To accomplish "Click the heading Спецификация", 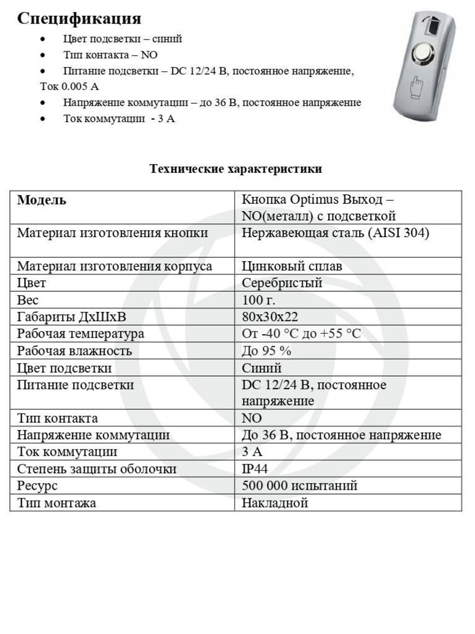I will pos(79,19).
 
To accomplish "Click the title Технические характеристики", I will pos(236,169).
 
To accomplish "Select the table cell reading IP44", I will pos(255,468).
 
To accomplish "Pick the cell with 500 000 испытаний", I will pos(299,486).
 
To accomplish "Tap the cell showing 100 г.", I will pos(258,300).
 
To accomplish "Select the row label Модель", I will pos(42,200).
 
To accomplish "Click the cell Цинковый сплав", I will pos(292,266).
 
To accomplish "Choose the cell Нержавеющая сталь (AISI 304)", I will pos(335,233).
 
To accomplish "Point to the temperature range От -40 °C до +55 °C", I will pos(301,333).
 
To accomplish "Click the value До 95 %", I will pos(266,351).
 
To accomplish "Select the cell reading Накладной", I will pos(275,503).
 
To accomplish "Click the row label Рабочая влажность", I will pos(74,351).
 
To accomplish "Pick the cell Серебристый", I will pos(282,283).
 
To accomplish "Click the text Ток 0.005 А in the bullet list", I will pos(69,87).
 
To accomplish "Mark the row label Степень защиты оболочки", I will pos(96,468).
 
